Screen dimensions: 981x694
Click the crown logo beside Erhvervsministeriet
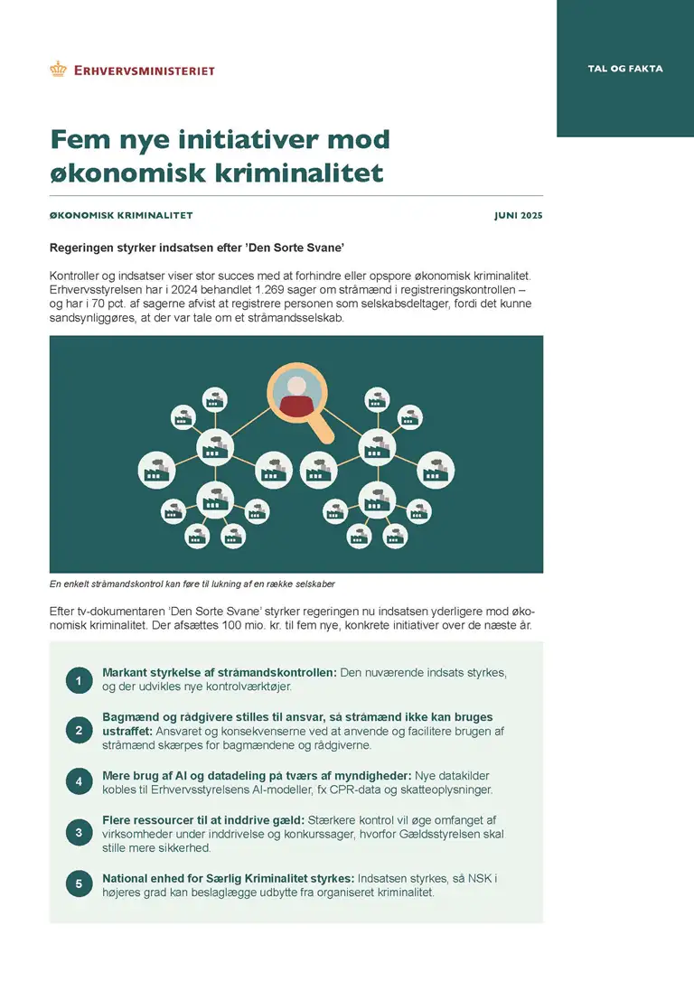click(x=59, y=69)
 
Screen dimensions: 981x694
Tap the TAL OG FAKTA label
click(x=624, y=69)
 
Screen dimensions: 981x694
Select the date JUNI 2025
click(x=519, y=216)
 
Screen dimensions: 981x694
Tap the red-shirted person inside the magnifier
click(x=295, y=397)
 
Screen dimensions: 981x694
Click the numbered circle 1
click(x=79, y=681)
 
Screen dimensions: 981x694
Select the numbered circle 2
click(x=79, y=730)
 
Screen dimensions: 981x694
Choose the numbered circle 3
click(x=79, y=833)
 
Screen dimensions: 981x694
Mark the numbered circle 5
click(x=79, y=884)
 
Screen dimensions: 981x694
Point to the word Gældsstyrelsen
click(x=426, y=834)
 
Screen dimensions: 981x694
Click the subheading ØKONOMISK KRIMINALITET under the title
click(x=121, y=216)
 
